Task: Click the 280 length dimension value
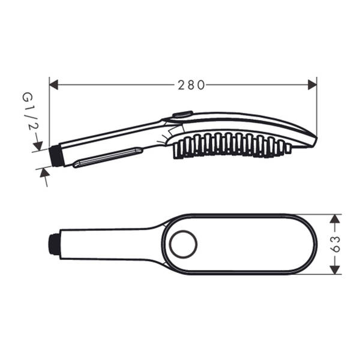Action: (191, 85)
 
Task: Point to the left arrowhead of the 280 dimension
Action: (53, 85)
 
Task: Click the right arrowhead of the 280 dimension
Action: (312, 85)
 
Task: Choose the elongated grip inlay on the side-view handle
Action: (108, 159)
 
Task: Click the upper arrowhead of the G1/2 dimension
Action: (38, 146)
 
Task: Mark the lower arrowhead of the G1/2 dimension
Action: (43, 172)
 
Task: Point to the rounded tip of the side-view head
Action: (313, 140)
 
